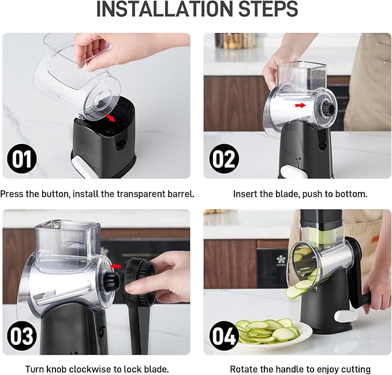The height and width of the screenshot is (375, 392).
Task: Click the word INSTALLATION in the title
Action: click(165, 9)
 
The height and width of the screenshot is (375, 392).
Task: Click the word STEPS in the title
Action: click(268, 9)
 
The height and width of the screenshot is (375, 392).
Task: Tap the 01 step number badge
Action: click(22, 159)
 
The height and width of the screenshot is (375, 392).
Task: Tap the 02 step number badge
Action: click(224, 159)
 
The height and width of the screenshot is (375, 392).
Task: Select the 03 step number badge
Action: click(22, 336)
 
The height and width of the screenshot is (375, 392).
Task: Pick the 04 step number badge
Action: click(224, 336)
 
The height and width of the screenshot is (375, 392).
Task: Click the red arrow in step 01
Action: click(110, 117)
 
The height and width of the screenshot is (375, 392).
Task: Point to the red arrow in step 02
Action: click(301, 105)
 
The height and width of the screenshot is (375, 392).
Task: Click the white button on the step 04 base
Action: click(346, 316)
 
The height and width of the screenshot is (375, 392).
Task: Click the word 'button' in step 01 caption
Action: click(55, 194)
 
